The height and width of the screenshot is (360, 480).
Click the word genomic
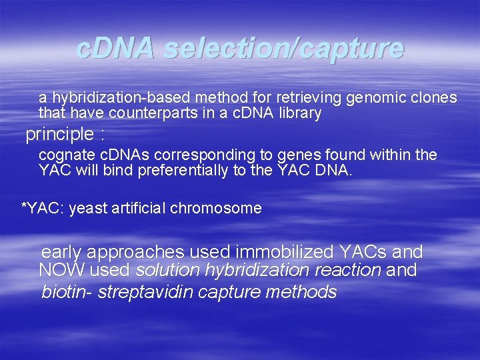tap(371, 98)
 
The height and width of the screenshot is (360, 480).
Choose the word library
tap(300, 113)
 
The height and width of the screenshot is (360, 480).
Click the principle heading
tap(59, 135)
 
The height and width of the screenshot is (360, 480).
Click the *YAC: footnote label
tap(43, 208)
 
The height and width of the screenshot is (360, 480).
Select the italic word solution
tap(167, 271)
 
